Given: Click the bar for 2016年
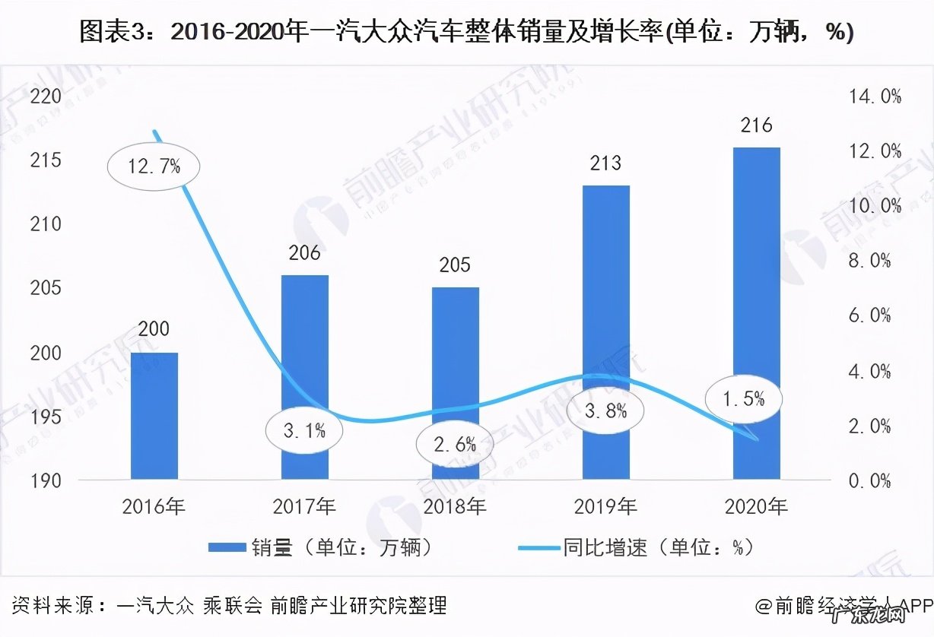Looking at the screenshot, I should pyautogui.click(x=154, y=416).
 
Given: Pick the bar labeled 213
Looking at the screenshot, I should pyautogui.click(x=606, y=332).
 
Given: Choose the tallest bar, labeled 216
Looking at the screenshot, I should pyautogui.click(x=756, y=313).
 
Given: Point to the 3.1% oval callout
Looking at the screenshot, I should pyautogui.click(x=304, y=431).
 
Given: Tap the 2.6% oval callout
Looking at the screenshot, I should pyautogui.click(x=455, y=444).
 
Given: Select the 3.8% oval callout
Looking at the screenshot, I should pyautogui.click(x=605, y=410).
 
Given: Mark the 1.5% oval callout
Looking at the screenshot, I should pyautogui.click(x=743, y=398).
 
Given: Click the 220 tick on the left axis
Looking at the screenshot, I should pyautogui.click(x=46, y=97).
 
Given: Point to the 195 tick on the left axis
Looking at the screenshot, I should pyautogui.click(x=46, y=417).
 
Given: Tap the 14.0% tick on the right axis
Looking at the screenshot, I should pyautogui.click(x=870, y=97).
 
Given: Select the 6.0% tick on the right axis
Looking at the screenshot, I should pyautogui.click(x=869, y=315).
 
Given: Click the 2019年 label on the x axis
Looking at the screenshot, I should pyautogui.click(x=606, y=505).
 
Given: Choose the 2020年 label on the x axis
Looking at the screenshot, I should pyautogui.click(x=756, y=505).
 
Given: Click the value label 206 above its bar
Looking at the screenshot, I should pyautogui.click(x=304, y=253).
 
